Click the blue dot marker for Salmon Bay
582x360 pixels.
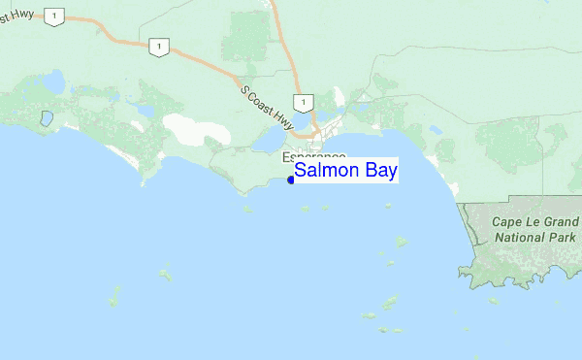[x=291, y=180]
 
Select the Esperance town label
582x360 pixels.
[x=313, y=157]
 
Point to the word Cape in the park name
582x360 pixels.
[x=511, y=220]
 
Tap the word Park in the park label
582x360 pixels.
[x=563, y=236]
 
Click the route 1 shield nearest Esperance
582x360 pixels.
[x=304, y=103]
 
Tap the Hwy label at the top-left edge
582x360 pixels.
[x=15, y=20]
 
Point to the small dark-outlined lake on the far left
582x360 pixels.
[x=46, y=120]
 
